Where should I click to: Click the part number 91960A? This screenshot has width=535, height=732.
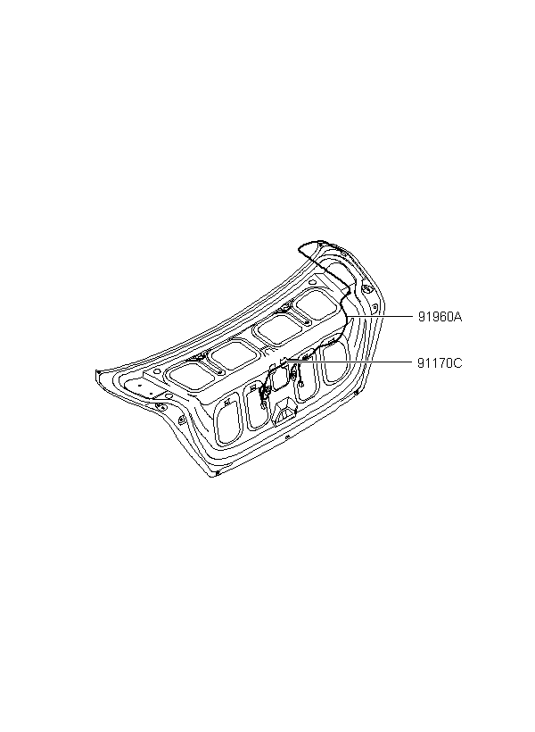440,318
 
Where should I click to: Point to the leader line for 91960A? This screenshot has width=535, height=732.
380,317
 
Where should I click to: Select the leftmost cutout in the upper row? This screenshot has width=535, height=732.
189,377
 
